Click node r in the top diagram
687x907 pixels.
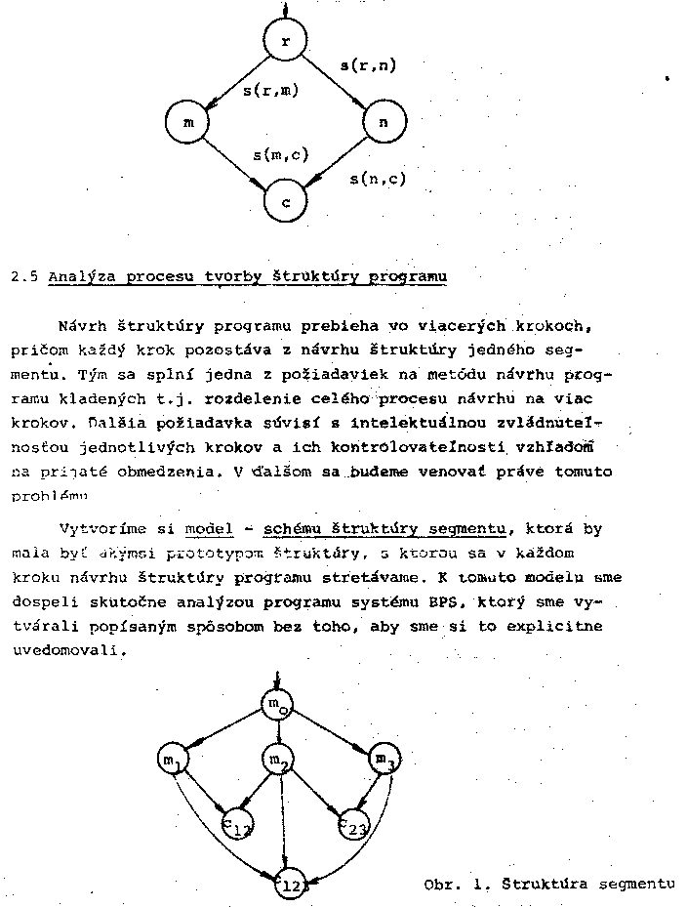point(285,40)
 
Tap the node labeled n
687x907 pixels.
point(383,122)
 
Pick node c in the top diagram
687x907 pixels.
point(285,202)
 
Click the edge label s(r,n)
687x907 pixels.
point(367,65)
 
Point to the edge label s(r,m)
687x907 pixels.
point(270,91)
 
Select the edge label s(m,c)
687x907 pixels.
point(281,154)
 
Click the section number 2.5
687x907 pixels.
point(23,276)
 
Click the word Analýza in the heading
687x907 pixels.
point(81,276)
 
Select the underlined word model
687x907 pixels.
point(209,529)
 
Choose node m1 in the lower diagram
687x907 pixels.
point(174,760)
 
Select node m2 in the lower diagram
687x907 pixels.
point(278,760)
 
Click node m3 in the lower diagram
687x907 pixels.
point(384,760)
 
